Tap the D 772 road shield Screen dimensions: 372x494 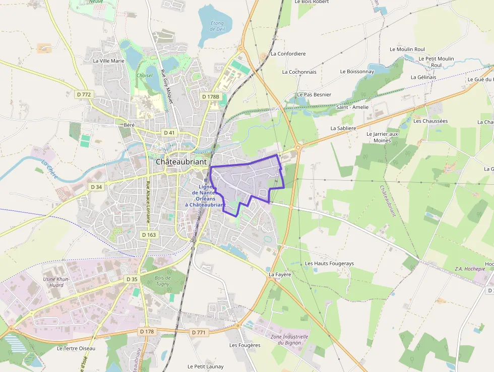tap(84, 94)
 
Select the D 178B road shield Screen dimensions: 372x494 tap(211, 96)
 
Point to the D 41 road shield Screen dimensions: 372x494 tap(169, 132)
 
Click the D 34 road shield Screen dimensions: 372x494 tap(96, 187)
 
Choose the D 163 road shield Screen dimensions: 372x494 tap(149, 235)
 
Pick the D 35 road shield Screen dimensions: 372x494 tap(132, 279)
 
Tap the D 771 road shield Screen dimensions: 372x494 tap(199, 332)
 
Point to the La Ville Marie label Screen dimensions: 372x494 tap(108, 61)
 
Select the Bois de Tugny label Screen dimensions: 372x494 tap(162, 281)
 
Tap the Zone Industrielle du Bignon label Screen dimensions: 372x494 tap(289, 339)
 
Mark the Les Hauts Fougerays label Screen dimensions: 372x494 tap(329, 263)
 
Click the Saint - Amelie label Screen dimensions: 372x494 tap(352, 107)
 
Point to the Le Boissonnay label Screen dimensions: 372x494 tap(357, 72)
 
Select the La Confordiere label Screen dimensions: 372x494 tap(288, 54)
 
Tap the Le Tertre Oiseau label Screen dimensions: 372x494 tap(76, 348)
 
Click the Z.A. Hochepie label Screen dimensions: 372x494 tap(470, 269)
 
